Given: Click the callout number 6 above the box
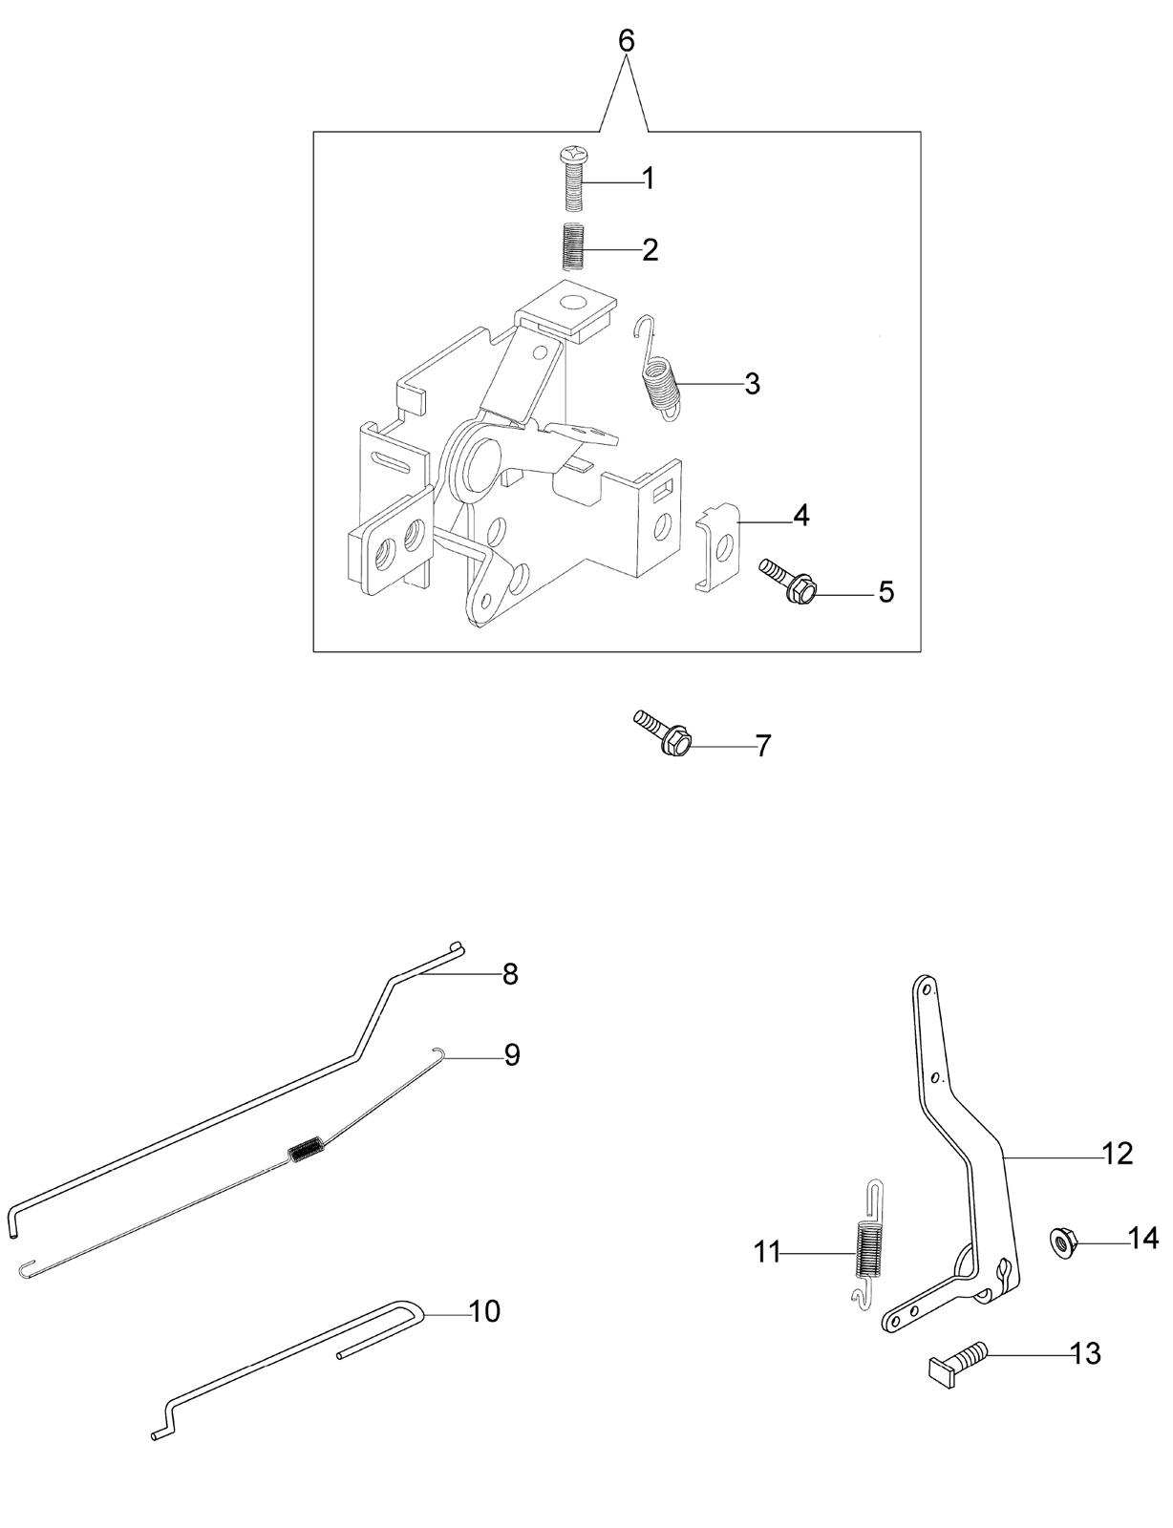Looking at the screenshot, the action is point(626,42).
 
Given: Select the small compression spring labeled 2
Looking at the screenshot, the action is point(575,245).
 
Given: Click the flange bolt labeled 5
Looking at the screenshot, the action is point(788,579).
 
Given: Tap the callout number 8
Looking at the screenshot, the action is point(510,975).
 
